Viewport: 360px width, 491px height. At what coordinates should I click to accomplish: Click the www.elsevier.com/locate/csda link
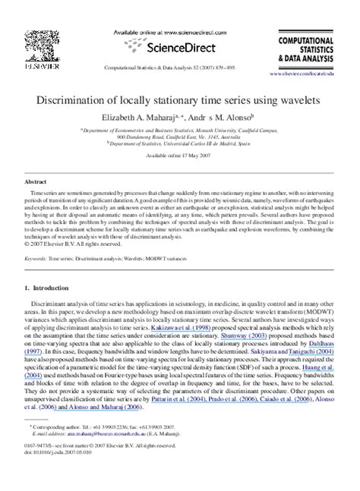point(314,74)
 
